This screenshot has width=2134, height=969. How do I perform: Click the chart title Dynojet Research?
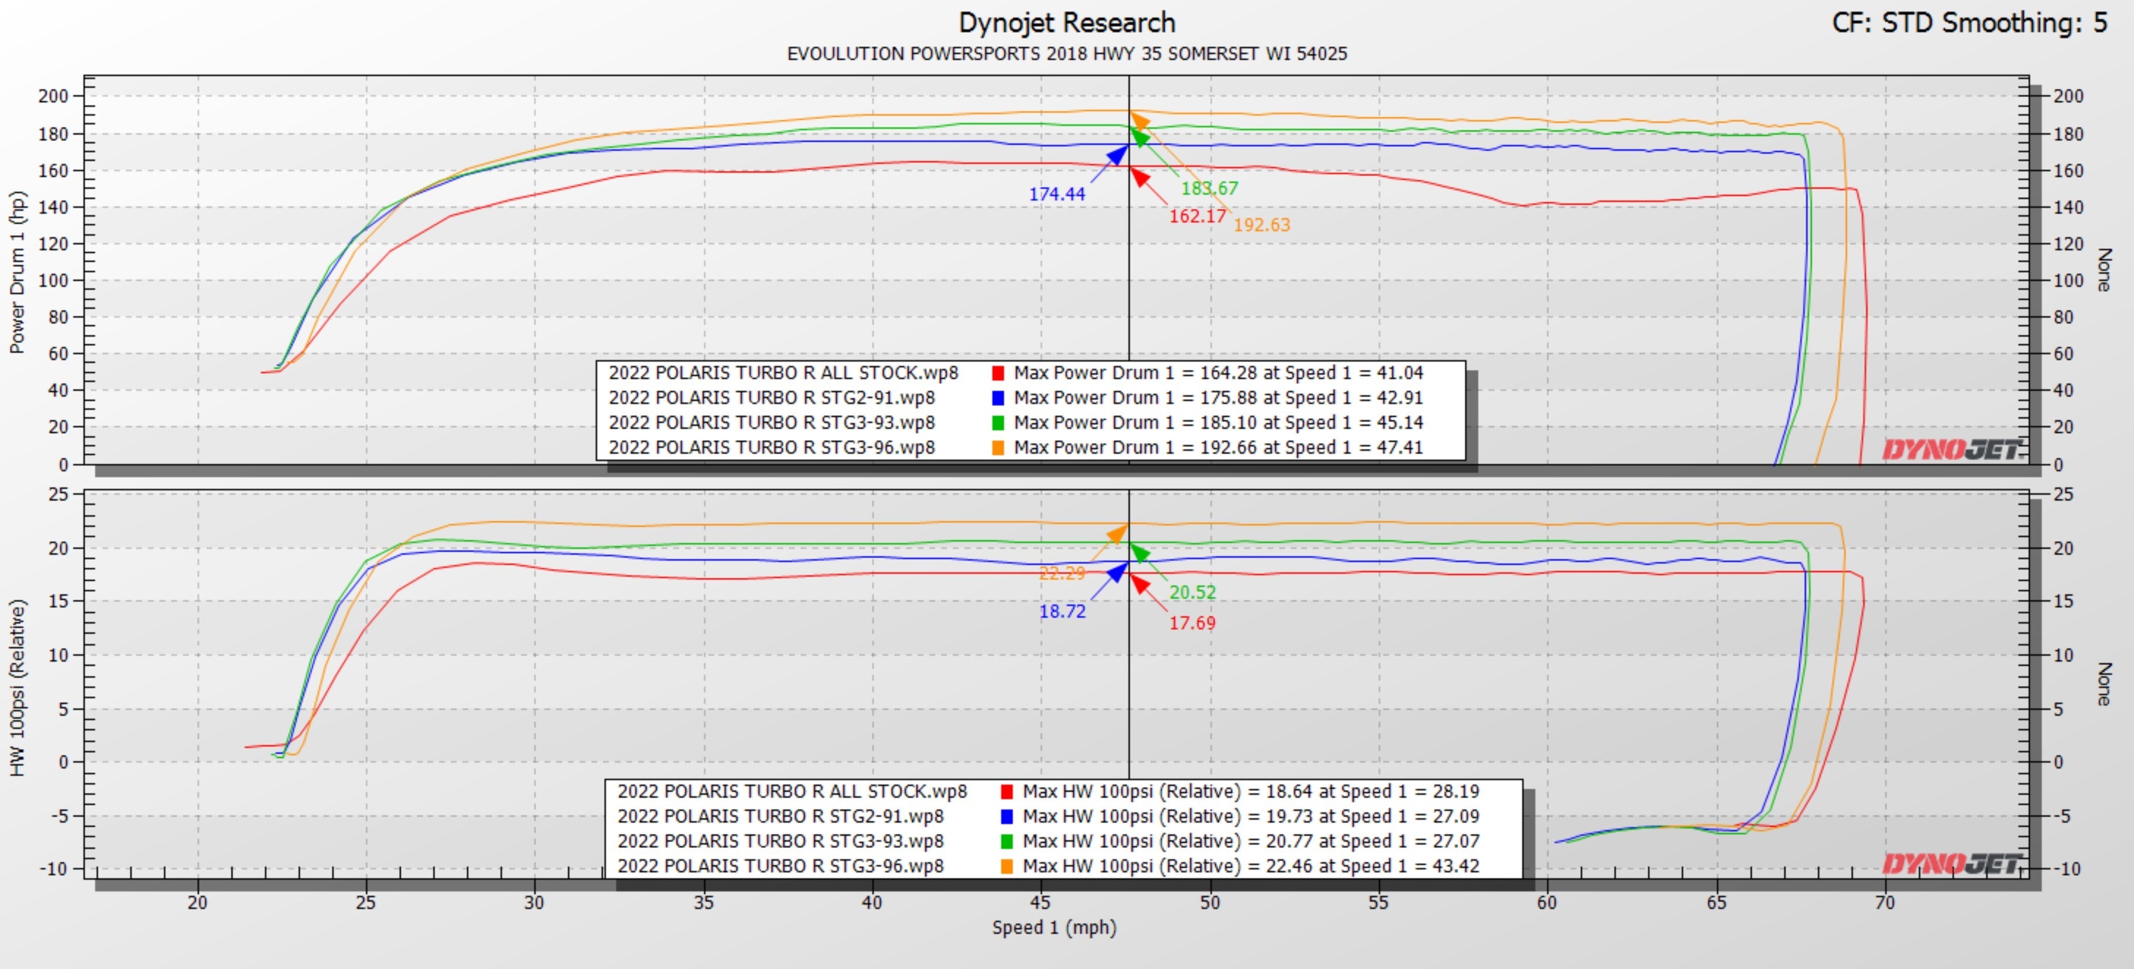pos(1066,22)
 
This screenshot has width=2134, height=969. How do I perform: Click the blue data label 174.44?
pos(1056,194)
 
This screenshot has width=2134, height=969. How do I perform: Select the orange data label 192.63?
pos(1262,224)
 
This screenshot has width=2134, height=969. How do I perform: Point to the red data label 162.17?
pos(1197,216)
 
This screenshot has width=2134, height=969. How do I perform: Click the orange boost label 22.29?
pos(1061,573)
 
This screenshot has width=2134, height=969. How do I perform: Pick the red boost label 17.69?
pos(1192,623)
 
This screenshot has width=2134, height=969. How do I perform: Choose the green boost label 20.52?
pos(1192,592)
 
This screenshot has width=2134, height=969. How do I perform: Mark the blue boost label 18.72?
pos(1062,611)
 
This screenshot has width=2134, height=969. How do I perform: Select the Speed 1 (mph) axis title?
pos(1054,927)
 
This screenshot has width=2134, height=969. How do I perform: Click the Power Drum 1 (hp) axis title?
pos(18,272)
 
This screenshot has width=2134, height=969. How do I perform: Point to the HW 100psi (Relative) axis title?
pos(18,687)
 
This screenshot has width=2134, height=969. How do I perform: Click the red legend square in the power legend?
pos(998,374)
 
